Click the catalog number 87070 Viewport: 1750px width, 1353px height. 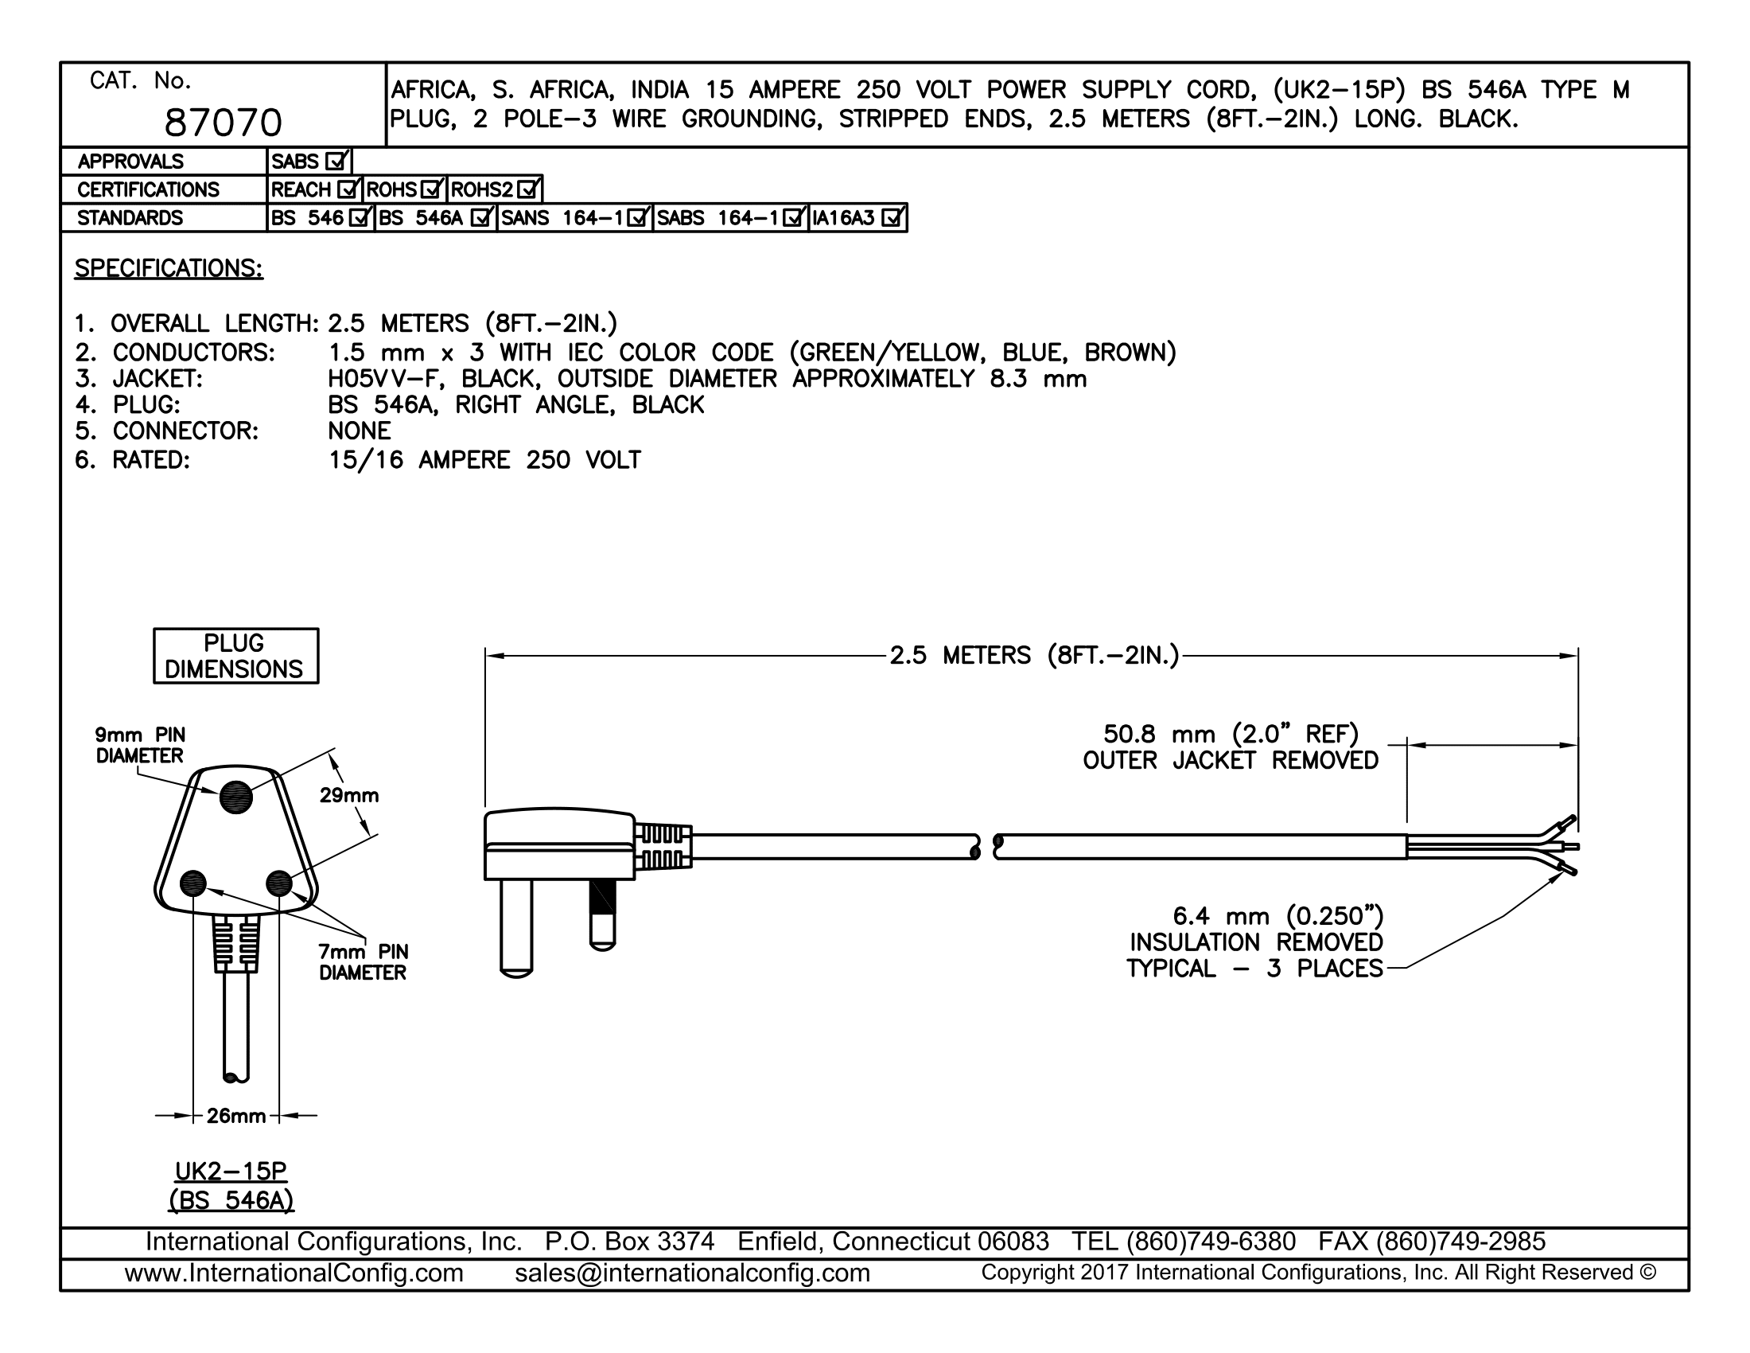click(224, 123)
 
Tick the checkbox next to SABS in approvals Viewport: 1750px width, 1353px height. click(336, 161)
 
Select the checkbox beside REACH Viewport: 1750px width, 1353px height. click(348, 190)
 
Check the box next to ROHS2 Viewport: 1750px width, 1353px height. click(528, 190)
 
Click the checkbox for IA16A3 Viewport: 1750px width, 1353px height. click(892, 218)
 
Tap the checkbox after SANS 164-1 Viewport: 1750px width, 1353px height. click(638, 218)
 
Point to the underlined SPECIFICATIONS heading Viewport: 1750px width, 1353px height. click(169, 268)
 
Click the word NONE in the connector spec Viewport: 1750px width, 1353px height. click(359, 431)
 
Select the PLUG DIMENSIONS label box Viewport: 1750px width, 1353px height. click(235, 656)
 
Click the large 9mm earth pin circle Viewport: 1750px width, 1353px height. click(235, 797)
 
